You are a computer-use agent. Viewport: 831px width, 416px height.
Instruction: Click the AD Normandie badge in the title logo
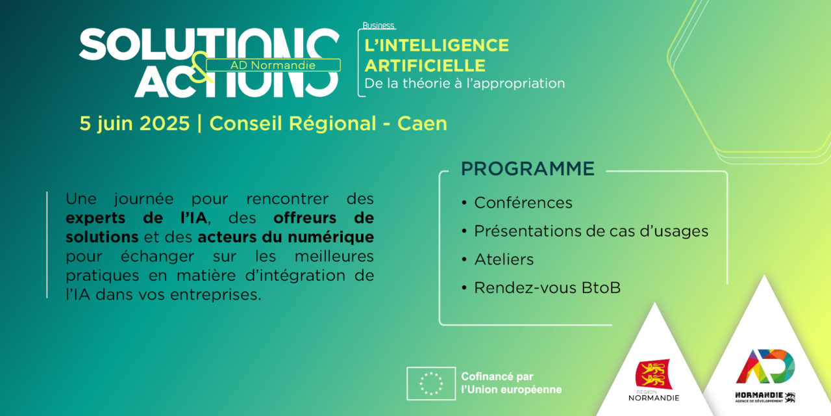point(273,65)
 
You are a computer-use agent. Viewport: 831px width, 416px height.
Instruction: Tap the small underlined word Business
point(378,25)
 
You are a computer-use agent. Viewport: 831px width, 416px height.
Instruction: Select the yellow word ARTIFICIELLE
point(425,66)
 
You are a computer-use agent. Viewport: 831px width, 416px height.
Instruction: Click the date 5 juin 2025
point(134,123)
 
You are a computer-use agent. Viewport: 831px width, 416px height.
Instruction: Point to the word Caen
point(422,123)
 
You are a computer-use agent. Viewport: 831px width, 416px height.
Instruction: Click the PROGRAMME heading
point(528,168)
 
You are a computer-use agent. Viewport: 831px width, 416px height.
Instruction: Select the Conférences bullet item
point(523,203)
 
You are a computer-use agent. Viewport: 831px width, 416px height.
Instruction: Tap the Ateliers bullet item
point(504,259)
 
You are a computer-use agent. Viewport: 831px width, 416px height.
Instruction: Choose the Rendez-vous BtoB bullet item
point(547,287)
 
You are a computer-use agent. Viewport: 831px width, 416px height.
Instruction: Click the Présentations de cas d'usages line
point(591,231)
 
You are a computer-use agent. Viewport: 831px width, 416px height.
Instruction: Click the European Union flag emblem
point(431,383)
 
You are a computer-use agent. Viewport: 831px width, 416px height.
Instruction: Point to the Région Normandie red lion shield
point(653,373)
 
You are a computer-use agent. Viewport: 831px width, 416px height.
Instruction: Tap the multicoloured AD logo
point(765,366)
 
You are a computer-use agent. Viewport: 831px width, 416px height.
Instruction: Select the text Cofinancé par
point(497,376)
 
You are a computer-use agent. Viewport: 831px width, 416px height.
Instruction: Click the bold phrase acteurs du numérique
point(286,237)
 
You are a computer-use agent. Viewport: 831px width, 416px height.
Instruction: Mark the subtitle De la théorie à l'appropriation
point(464,84)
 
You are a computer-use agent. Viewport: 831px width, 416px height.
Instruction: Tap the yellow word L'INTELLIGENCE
point(437,45)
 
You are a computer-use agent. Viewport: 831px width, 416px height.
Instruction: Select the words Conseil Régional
point(293,123)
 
